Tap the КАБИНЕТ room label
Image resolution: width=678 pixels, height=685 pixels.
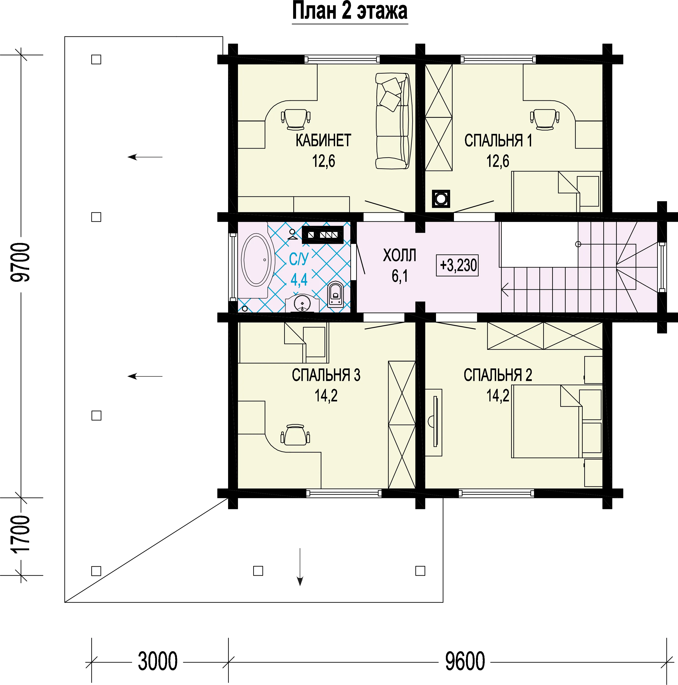[323, 141]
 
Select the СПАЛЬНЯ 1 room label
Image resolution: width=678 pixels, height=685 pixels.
[498, 141]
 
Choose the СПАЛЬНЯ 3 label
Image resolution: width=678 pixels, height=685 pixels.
[326, 375]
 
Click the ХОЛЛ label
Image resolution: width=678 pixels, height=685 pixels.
[400, 255]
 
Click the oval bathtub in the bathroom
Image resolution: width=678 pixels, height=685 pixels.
[258, 260]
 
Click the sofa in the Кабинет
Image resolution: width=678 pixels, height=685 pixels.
[394, 121]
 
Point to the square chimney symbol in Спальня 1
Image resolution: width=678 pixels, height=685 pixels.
[441, 199]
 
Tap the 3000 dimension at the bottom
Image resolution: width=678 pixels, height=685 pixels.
[158, 661]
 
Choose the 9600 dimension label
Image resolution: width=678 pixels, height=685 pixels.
[465, 661]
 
